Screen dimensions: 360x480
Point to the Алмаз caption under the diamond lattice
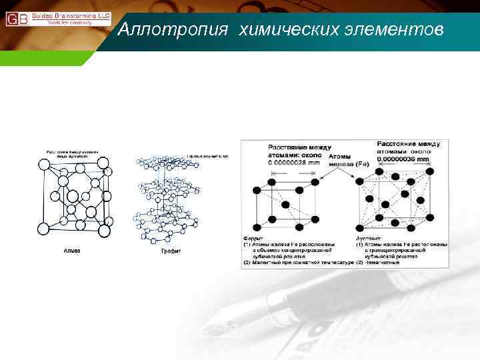[x=71, y=251]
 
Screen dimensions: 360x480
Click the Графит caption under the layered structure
[x=171, y=251]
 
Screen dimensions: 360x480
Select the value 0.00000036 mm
[x=404, y=159]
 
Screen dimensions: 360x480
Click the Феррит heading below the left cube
[x=253, y=238]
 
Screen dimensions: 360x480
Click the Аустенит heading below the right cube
[x=367, y=238]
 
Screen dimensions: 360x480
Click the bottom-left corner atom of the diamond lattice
[x=43, y=229]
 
